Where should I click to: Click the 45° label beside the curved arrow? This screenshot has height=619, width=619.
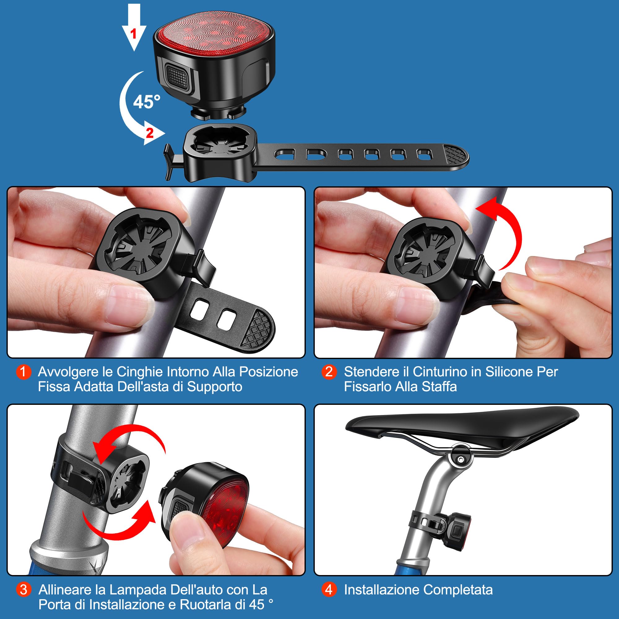coord(146,102)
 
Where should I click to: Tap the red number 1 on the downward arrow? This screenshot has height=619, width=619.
coord(134,33)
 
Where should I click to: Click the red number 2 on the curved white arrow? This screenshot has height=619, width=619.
coord(149,133)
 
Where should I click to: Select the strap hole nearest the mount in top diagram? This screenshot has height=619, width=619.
coord(285,154)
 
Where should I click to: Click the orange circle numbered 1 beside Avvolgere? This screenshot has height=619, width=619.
coord(24,372)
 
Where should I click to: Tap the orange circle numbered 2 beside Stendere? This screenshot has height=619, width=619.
coord(329,372)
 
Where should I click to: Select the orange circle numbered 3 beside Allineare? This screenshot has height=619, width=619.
coord(24,590)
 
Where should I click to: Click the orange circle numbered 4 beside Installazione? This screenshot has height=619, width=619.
coord(329,590)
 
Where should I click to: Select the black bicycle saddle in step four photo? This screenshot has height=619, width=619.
coord(461,423)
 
